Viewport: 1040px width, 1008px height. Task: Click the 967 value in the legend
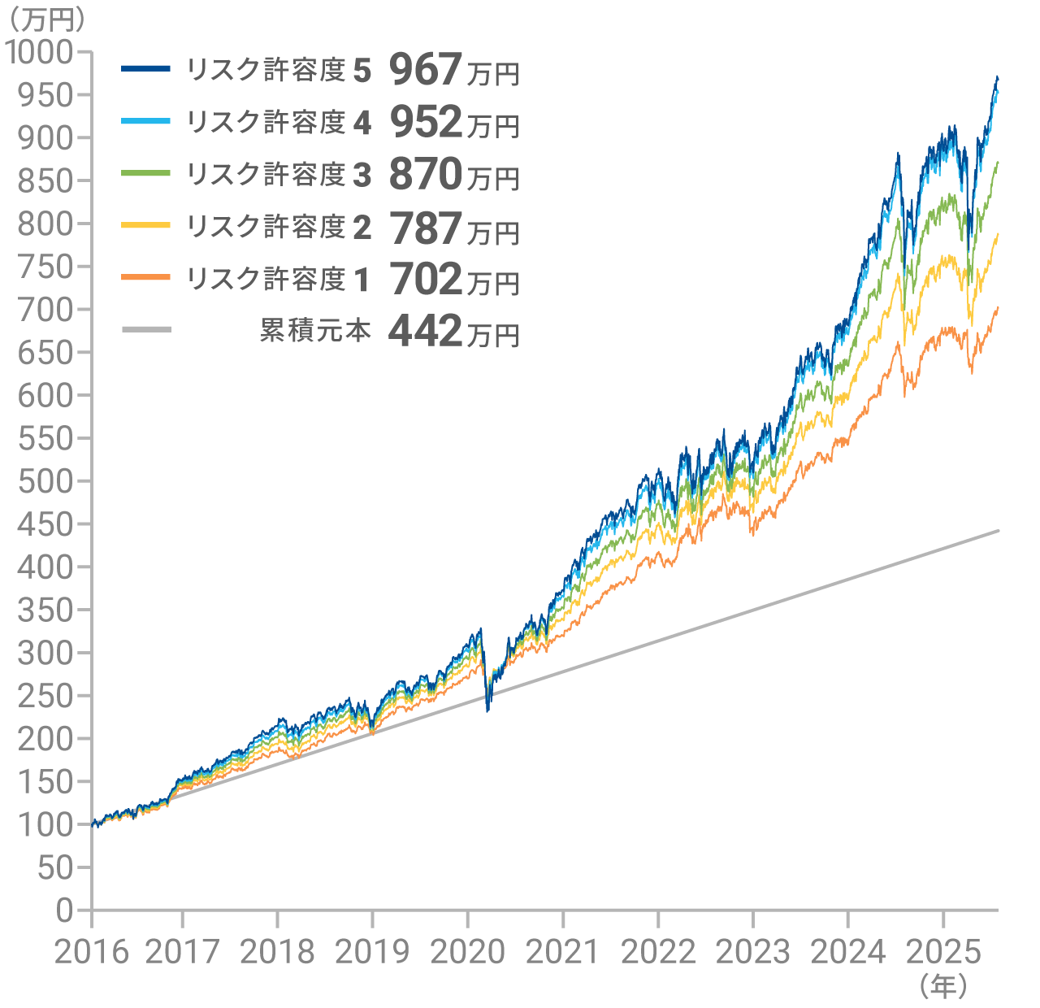426,70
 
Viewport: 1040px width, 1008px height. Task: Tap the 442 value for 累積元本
426,331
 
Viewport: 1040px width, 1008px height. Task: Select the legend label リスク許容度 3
279,174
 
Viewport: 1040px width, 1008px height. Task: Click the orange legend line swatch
146,278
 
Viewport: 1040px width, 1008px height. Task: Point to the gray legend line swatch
146,329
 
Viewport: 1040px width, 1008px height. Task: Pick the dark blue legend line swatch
146,69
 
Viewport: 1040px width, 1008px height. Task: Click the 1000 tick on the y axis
51,52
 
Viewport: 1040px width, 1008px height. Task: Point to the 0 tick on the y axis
66,910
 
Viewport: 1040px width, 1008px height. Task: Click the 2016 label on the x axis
92,952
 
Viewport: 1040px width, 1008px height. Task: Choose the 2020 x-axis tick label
467,952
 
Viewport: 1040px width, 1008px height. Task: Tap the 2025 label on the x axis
943,952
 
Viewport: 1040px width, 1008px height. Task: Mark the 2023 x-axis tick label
753,952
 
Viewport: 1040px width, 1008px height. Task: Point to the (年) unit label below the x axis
943,987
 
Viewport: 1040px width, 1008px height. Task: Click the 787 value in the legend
426,228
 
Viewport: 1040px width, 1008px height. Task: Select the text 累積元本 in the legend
315,330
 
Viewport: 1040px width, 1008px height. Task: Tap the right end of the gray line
998,531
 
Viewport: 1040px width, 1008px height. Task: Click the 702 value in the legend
426,279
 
